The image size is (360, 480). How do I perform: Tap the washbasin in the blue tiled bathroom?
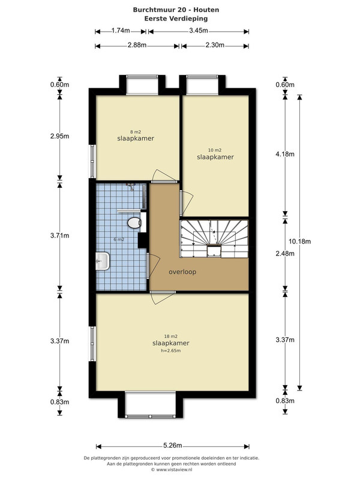[x=103, y=261]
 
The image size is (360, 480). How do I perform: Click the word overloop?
[x=182, y=272]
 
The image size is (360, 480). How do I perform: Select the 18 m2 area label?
[x=171, y=337]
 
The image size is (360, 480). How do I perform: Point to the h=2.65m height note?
[x=171, y=351]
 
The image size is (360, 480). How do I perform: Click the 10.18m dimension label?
[x=299, y=241]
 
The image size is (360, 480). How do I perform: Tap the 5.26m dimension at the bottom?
[x=173, y=445]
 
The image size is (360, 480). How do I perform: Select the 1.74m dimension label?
[x=121, y=31]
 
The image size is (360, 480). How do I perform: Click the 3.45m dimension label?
[x=199, y=31]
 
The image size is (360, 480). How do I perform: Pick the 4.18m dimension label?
[x=285, y=154]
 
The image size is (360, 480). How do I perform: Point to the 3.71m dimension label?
[x=59, y=236]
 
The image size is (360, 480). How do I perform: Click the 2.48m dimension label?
[x=285, y=253]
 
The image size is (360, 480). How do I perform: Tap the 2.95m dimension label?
[x=59, y=136]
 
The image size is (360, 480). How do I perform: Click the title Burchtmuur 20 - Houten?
[x=176, y=10]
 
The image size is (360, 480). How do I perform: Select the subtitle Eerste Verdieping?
[x=176, y=19]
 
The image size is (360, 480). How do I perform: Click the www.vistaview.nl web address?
[x=174, y=469]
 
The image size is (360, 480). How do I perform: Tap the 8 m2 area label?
[x=136, y=132]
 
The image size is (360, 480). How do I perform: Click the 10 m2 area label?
[x=215, y=150]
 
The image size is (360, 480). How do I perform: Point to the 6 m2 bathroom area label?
[x=119, y=239]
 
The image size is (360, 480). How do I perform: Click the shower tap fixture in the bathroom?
[x=131, y=186]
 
